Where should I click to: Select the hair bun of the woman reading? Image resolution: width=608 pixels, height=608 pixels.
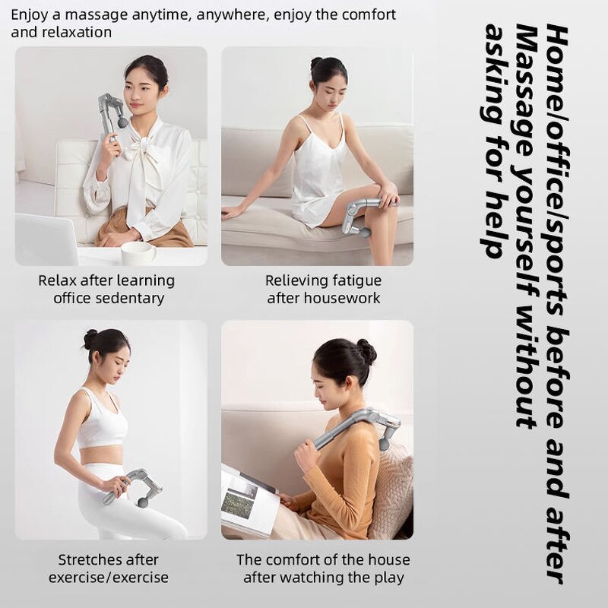pyautogui.click(x=366, y=350)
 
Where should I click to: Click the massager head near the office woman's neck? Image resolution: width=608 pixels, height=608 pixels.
pyautogui.click(x=122, y=120)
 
